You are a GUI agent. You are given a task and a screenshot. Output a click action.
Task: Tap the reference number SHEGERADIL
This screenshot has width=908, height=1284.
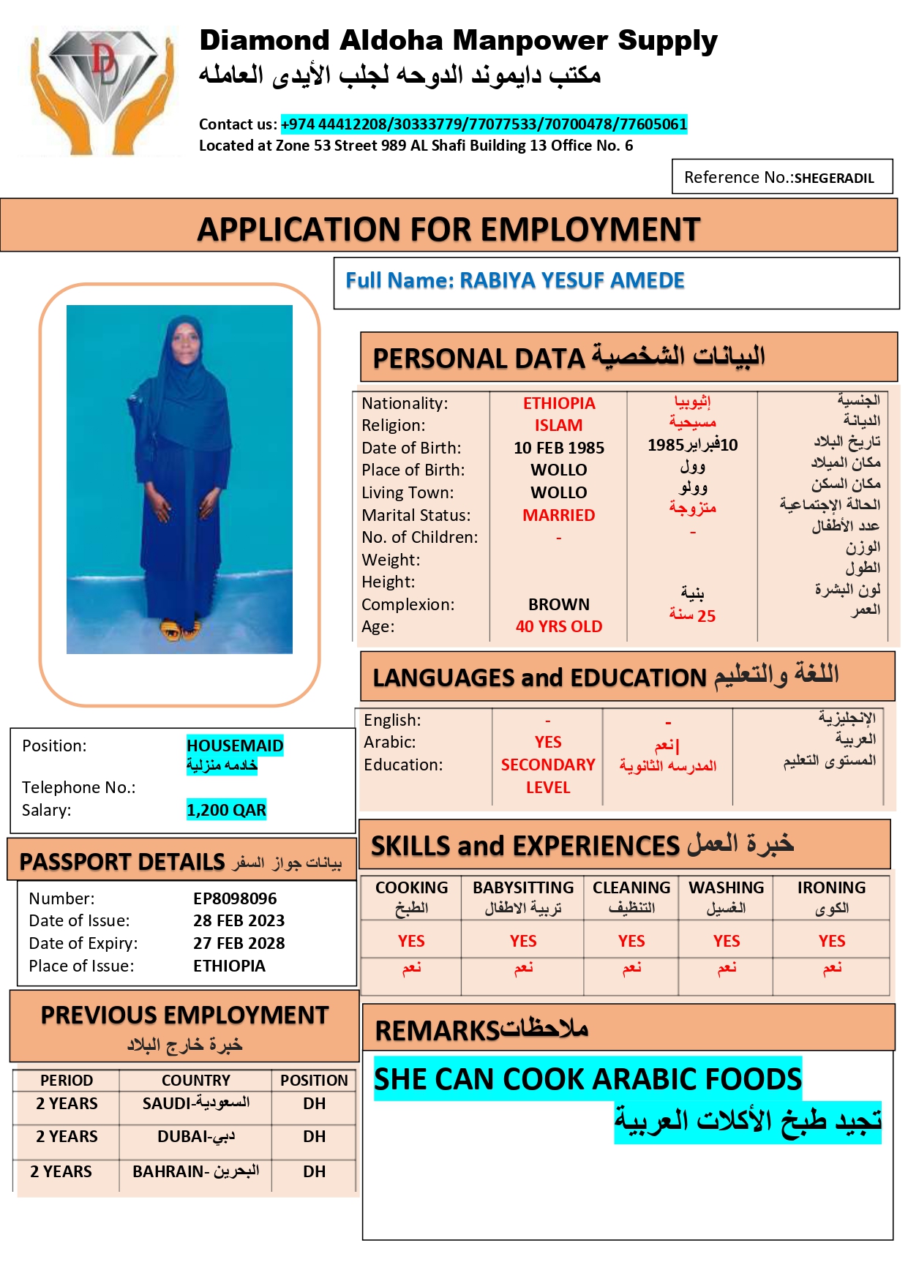pyautogui.click(x=833, y=178)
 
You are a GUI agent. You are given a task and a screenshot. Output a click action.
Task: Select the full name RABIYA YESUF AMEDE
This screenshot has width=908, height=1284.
pyautogui.click(x=571, y=280)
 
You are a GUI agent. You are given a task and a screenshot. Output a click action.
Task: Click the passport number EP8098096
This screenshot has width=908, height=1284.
pyautogui.click(x=235, y=898)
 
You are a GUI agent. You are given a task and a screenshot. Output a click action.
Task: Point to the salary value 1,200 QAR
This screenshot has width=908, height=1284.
pyautogui.click(x=226, y=810)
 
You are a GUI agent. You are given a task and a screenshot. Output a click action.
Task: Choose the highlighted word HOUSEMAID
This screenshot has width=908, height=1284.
pyautogui.click(x=234, y=746)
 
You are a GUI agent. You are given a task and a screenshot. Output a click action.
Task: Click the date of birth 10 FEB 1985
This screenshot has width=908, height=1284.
pyautogui.click(x=558, y=448)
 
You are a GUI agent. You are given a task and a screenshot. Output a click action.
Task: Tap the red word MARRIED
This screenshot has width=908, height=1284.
pyautogui.click(x=558, y=515)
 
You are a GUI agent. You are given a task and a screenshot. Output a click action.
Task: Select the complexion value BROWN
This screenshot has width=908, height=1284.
pyautogui.click(x=558, y=604)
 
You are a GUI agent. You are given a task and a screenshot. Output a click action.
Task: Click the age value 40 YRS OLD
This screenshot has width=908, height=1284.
pyautogui.click(x=558, y=626)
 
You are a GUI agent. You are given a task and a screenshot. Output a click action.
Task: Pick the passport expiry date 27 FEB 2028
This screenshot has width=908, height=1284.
pyautogui.click(x=239, y=943)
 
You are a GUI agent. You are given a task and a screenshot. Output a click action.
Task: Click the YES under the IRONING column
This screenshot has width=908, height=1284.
pyautogui.click(x=831, y=941)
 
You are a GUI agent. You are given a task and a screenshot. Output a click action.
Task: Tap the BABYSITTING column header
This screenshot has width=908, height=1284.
pyautogui.click(x=523, y=887)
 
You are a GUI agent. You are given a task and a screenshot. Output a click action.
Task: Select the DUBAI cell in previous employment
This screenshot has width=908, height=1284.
pyautogui.click(x=195, y=1136)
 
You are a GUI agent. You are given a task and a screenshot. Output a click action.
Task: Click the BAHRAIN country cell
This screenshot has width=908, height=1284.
pyautogui.click(x=195, y=1171)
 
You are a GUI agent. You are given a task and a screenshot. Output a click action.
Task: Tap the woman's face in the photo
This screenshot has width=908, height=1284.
pyautogui.click(x=183, y=348)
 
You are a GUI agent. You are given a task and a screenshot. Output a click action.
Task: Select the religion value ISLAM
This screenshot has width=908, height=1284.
pyautogui.click(x=558, y=425)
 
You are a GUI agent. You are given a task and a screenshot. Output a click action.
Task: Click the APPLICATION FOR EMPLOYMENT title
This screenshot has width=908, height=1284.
pyautogui.click(x=449, y=229)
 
